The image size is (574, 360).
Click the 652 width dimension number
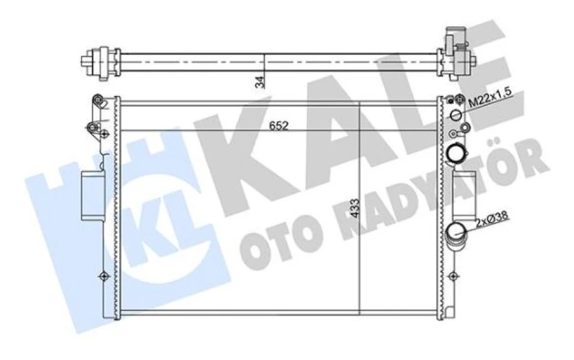point(279,126)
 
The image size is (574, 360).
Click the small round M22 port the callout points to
point(456,115)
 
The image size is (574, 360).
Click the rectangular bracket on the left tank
point(91,195)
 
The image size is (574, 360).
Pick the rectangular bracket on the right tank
point(459,194)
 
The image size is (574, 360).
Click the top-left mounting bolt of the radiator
point(97,100)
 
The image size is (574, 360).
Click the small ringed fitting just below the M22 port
point(464,129)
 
